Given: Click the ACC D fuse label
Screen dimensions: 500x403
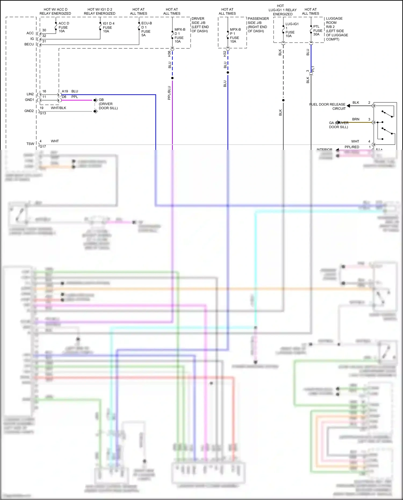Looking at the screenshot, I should click(x=64, y=27).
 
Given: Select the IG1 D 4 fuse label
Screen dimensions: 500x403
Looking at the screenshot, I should click(x=108, y=27).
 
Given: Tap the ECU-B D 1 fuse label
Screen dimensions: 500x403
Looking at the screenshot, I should click(x=146, y=29).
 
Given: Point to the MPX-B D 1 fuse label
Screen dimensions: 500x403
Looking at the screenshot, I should click(x=179, y=35).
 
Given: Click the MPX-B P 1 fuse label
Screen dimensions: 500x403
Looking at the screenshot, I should click(x=235, y=35).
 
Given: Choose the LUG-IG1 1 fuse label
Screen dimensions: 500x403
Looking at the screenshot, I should click(x=292, y=30).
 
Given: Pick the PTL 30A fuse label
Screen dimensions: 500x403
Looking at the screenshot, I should click(x=318, y=30).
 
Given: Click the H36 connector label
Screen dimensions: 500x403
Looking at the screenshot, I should click(x=169, y=54).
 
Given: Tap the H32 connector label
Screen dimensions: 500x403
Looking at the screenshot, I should click(x=225, y=54).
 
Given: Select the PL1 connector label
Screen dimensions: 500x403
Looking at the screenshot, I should click(x=313, y=69).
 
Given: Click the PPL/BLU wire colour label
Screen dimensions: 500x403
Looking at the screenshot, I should click(x=169, y=93).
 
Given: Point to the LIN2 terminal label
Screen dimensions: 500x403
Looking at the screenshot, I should click(x=30, y=94).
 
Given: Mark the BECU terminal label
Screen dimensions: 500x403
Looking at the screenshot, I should click(x=29, y=44).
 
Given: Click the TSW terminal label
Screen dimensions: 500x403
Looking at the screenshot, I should click(x=30, y=144).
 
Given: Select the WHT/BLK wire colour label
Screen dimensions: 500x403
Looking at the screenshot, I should click(x=58, y=108).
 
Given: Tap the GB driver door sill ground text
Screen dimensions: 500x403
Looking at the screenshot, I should click(x=108, y=104).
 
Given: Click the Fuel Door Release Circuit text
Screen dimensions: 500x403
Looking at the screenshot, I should click(x=328, y=106).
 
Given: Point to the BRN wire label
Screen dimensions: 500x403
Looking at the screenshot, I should click(x=355, y=119).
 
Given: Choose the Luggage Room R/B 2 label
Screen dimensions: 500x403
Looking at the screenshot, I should click(x=337, y=29).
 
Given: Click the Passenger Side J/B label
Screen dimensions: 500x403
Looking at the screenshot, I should click(x=258, y=25).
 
